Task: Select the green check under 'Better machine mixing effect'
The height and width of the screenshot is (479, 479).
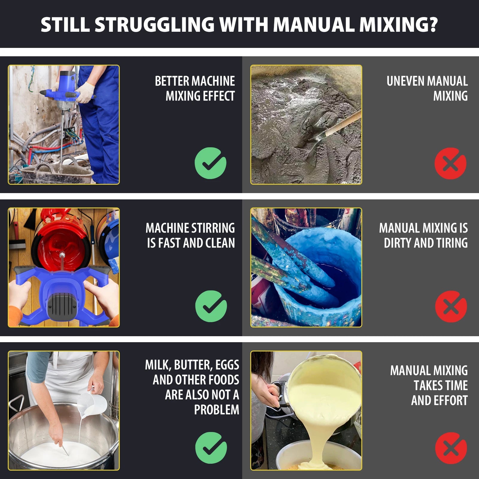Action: [210, 163]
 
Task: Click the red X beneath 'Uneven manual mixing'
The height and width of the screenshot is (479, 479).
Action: [450, 163]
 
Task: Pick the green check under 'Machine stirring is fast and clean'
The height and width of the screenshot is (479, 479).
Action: [211, 306]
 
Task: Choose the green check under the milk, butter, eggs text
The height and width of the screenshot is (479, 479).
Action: [211, 448]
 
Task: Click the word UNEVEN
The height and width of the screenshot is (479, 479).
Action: [405, 81]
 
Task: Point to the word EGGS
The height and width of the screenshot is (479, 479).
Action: [227, 365]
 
